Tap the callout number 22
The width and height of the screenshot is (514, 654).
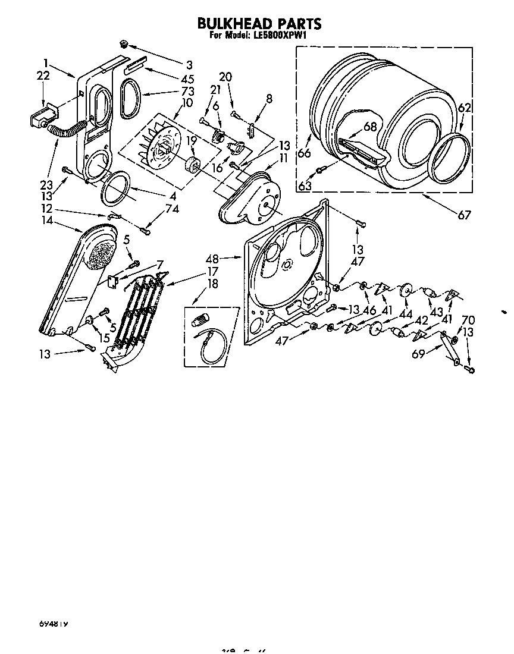click(42, 76)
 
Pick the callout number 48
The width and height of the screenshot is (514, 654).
click(212, 259)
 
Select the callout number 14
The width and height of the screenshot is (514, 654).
click(46, 221)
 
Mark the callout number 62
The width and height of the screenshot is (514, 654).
click(465, 109)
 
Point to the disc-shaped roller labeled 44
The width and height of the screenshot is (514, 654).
click(407, 290)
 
